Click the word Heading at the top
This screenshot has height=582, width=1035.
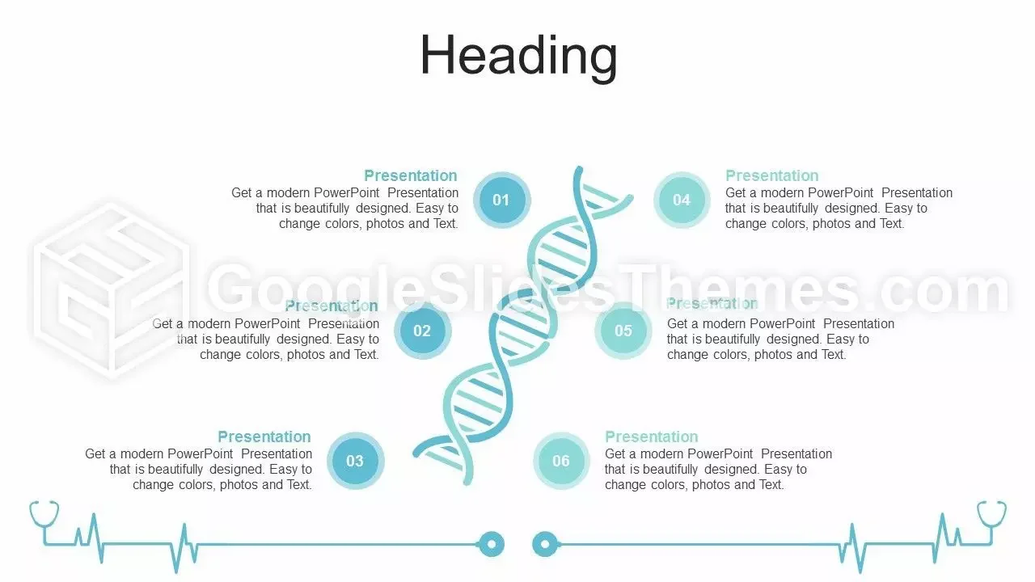(518, 57)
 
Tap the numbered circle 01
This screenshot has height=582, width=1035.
(501, 200)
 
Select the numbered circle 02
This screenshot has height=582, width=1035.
(422, 331)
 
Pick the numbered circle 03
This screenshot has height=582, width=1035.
(355, 461)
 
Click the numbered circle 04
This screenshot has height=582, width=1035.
(682, 200)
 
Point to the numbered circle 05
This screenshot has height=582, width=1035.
(623, 331)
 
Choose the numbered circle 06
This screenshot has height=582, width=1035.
(561, 461)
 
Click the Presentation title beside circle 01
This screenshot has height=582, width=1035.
(411, 175)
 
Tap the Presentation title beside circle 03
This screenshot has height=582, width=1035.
(264, 436)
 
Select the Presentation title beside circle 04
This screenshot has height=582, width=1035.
(772, 175)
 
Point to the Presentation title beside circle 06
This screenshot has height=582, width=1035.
(652, 436)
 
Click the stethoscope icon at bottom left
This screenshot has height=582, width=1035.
(44, 522)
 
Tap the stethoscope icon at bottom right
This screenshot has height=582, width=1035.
(991, 522)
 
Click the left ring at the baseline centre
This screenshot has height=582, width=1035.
(491, 544)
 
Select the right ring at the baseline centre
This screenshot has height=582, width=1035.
(545, 544)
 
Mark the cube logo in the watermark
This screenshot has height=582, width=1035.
(111, 291)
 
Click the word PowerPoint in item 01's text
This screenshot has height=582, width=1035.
(347, 192)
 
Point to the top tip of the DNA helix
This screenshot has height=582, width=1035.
(578, 169)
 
